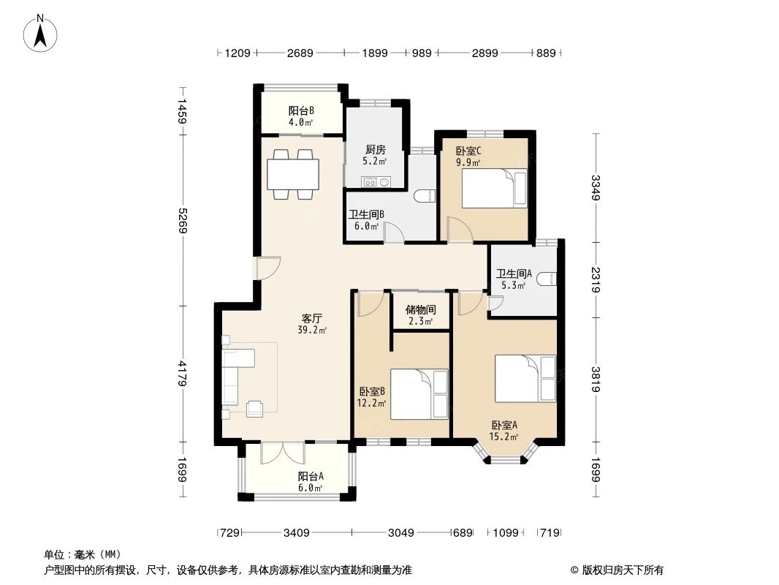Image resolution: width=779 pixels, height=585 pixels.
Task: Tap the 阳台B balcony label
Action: point(301,110)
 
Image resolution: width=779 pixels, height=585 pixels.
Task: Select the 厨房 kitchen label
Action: point(375,150)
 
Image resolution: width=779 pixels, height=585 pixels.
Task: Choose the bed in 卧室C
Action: point(494,189)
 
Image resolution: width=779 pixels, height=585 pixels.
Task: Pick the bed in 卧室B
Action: point(419,393)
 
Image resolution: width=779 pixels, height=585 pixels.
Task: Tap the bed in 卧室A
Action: point(525,379)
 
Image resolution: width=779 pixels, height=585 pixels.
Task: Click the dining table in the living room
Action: point(293,174)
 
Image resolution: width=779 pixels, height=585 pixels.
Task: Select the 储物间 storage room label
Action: point(420,309)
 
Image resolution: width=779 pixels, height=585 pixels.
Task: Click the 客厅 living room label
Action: point(311,318)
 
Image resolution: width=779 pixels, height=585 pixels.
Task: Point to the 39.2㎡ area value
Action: point(311,330)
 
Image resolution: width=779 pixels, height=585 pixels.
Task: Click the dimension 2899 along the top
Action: point(485,53)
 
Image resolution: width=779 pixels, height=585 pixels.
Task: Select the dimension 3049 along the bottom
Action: point(401,533)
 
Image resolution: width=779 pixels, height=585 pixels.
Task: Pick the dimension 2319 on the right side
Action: point(596,280)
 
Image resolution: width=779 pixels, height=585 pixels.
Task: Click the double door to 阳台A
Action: point(283,453)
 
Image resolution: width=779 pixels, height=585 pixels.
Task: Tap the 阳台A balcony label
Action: point(311,476)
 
